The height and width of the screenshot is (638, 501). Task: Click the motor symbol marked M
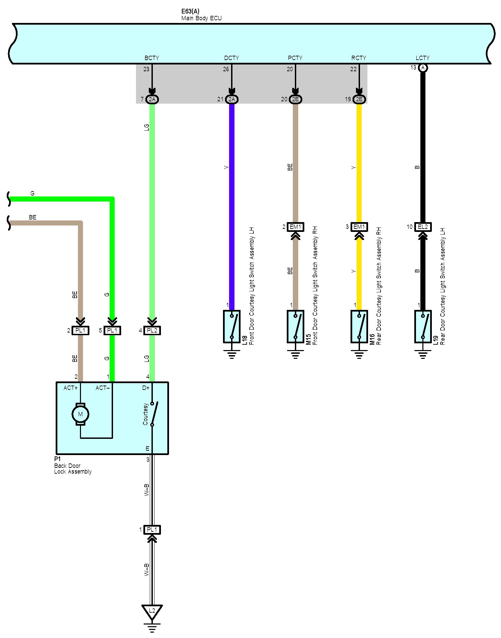(x=80, y=414)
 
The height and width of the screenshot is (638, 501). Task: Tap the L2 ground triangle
(x=152, y=611)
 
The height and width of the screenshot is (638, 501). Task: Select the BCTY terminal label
(x=152, y=58)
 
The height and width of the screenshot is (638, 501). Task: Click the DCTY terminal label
(x=231, y=58)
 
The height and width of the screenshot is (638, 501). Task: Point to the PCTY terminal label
(x=295, y=58)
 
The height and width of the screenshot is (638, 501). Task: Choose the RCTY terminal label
(x=359, y=58)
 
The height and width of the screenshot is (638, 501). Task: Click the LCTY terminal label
(x=422, y=58)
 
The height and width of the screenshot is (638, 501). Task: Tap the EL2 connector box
(x=423, y=227)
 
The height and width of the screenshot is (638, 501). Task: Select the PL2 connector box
(x=152, y=330)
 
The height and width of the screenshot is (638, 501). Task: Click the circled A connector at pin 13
(x=423, y=68)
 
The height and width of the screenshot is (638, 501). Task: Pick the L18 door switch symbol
(x=232, y=326)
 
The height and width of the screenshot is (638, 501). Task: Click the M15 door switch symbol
(x=296, y=326)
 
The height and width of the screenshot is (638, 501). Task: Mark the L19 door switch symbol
(x=423, y=326)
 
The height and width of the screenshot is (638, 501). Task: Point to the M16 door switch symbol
(x=359, y=326)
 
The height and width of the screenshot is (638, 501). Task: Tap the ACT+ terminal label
(x=71, y=388)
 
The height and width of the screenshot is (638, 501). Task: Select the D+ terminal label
(x=146, y=388)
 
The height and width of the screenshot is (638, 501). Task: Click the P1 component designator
(x=57, y=459)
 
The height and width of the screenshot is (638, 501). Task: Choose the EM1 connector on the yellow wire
(x=359, y=227)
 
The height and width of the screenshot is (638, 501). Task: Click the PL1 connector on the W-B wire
(x=152, y=530)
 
